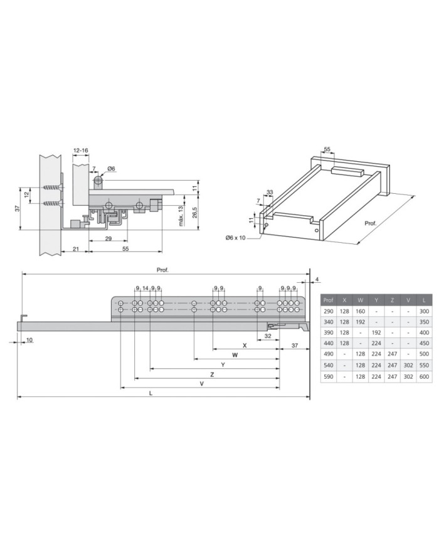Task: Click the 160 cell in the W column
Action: pyautogui.click(x=360, y=311)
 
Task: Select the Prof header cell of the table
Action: pyautogui.click(x=328, y=300)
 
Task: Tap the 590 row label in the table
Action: pyautogui.click(x=328, y=376)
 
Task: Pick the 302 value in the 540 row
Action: pyautogui.click(x=408, y=365)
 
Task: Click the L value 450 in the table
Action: pyautogui.click(x=424, y=343)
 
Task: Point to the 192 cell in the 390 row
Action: pyautogui.click(x=376, y=332)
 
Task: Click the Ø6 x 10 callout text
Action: pyautogui.click(x=235, y=238)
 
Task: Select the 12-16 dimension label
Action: pyautogui.click(x=81, y=151)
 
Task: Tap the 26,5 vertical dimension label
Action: pyautogui.click(x=195, y=212)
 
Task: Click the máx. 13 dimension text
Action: pyautogui.click(x=181, y=216)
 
